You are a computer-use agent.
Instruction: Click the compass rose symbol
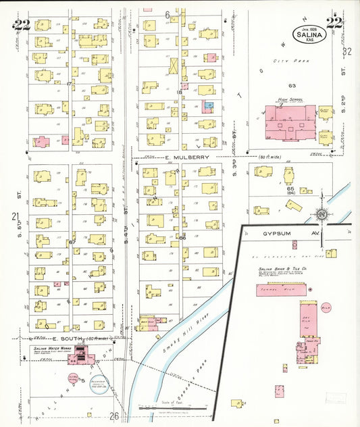click(x=322, y=216)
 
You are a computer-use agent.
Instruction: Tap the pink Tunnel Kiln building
click(x=280, y=291)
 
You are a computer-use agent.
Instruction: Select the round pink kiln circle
click(x=326, y=308)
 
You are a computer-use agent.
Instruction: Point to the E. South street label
click(x=65, y=338)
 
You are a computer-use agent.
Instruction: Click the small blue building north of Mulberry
click(x=209, y=106)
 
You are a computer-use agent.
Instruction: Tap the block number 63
click(x=292, y=86)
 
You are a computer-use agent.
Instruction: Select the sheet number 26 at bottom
click(x=114, y=416)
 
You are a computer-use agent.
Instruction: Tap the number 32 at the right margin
click(x=348, y=51)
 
